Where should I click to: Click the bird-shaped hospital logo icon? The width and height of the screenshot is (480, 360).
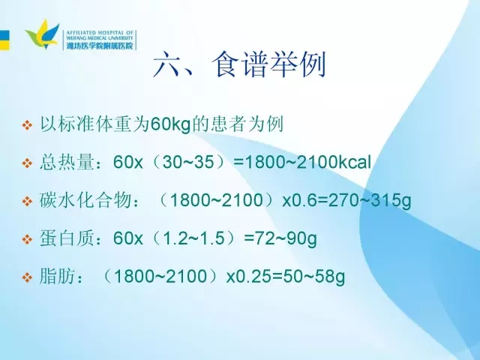pos(43,34)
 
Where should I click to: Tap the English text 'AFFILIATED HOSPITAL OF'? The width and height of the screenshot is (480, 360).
pos(100,32)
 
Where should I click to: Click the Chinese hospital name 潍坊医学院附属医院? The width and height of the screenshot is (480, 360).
pos(100,46)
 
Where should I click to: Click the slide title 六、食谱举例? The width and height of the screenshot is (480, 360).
pos(239,65)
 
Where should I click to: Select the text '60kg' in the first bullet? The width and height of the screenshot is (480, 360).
pos(171,124)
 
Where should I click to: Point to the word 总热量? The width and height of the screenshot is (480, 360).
pos(67,162)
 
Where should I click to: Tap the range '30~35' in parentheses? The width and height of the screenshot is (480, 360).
pos(188,162)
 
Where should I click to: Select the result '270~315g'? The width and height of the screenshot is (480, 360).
pos(370,201)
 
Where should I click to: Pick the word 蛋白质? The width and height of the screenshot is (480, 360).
pos(67,238)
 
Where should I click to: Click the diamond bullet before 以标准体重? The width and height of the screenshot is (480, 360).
pos(27,125)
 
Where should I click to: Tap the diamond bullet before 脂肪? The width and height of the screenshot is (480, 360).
pos(27,277)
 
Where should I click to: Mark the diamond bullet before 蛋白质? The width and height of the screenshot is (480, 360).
pos(27,239)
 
